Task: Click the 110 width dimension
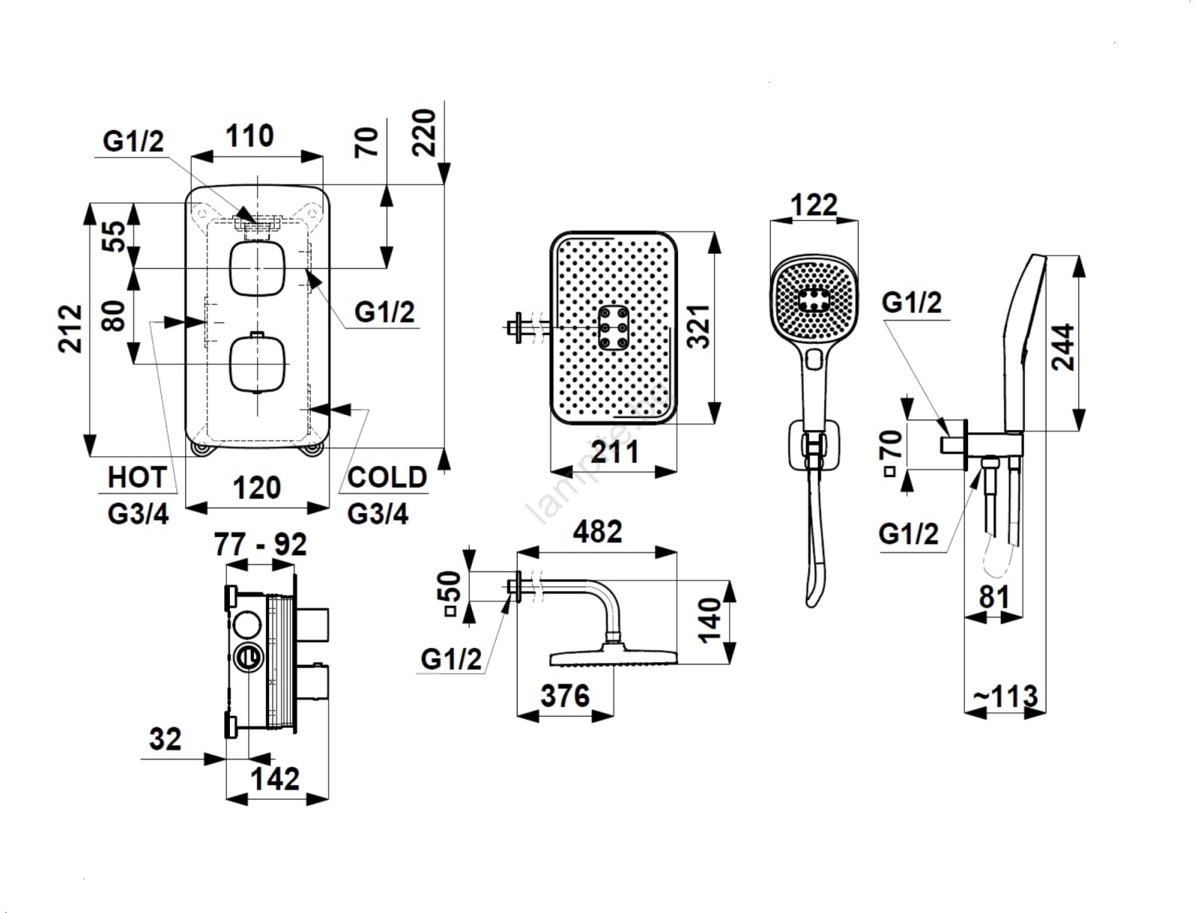click(249, 137)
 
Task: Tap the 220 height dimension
click(423, 132)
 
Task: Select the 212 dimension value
click(72, 328)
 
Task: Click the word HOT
click(137, 477)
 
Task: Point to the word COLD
click(387, 477)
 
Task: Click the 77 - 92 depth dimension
click(260, 544)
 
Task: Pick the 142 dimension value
click(276, 779)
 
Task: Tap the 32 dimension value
click(165, 739)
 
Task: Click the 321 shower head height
click(698, 326)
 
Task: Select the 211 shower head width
click(614, 452)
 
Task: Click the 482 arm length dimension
click(597, 532)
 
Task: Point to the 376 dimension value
click(565, 696)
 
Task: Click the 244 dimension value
click(1062, 346)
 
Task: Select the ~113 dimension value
click(1005, 697)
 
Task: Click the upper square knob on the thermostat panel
click(257, 268)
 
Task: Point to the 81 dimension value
click(993, 597)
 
